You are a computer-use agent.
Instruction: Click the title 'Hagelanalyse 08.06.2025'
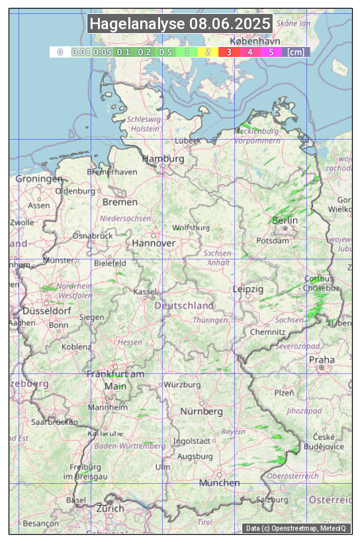pyautogui.click(x=180, y=24)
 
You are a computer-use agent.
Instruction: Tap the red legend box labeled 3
pyautogui.click(x=228, y=52)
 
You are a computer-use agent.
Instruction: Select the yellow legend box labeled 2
pyautogui.click(x=208, y=52)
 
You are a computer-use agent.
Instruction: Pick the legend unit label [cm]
pyautogui.click(x=296, y=52)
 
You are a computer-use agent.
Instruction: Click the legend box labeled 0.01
pyautogui.click(x=81, y=52)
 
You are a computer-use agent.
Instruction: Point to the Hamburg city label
pyautogui.click(x=163, y=159)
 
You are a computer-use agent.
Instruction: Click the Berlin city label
pyautogui.click(x=285, y=220)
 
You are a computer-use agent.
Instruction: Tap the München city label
pyautogui.click(x=220, y=482)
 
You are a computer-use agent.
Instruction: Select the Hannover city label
pyautogui.click(x=154, y=243)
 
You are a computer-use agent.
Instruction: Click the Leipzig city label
pyautogui.click(x=248, y=289)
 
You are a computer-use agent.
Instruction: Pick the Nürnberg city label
pyautogui.click(x=202, y=411)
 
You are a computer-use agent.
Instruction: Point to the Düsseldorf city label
pyautogui.click(x=46, y=310)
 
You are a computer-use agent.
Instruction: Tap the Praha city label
pyautogui.click(x=321, y=359)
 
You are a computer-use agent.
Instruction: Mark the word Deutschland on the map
pyautogui.click(x=184, y=305)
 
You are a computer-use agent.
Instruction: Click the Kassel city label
pyautogui.click(x=144, y=291)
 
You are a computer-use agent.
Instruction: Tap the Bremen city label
pyautogui.click(x=120, y=201)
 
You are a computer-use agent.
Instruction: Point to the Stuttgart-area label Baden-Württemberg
pyautogui.click(x=130, y=446)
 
